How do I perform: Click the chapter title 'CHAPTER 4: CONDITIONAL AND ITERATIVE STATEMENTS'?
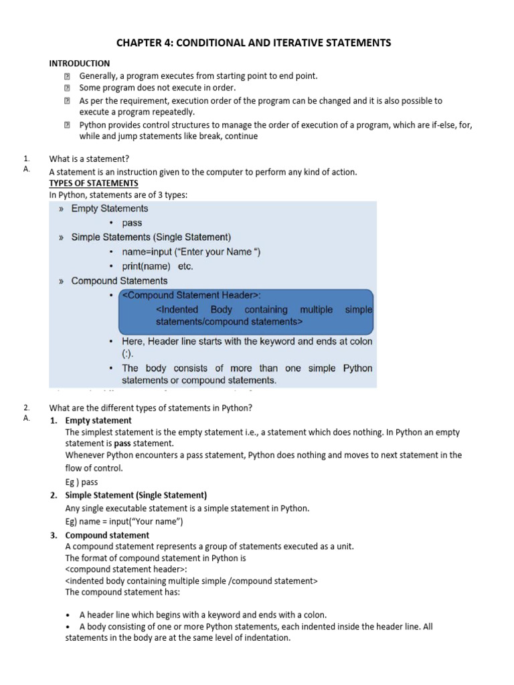click(254, 43)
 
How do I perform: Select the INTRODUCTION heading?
click(80, 64)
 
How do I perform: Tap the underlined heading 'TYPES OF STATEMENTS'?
click(94, 183)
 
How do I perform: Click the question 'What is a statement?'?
click(89, 159)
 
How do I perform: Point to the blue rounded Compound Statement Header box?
click(246, 312)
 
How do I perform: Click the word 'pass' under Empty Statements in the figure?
click(132, 223)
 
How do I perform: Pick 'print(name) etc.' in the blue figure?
click(157, 266)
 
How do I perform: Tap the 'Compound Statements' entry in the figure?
click(119, 281)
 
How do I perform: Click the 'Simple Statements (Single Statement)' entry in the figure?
click(151, 237)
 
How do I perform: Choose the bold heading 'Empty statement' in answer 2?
click(98, 421)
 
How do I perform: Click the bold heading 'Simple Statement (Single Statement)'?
click(136, 496)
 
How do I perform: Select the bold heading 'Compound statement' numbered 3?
click(107, 535)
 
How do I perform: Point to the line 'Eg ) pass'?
click(82, 482)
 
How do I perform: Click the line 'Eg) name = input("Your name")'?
click(124, 522)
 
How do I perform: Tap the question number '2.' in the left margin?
click(26, 408)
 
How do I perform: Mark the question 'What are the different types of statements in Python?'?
click(151, 408)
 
